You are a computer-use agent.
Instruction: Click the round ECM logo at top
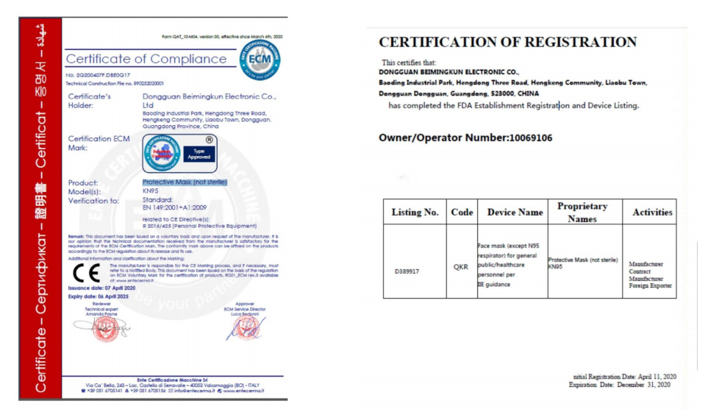(x=261, y=61)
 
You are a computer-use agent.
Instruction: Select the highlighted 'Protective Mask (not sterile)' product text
(x=185, y=182)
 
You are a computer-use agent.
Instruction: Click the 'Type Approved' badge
(x=199, y=153)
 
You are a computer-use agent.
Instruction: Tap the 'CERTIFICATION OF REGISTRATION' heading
(x=507, y=42)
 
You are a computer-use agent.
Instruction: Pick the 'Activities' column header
(x=648, y=212)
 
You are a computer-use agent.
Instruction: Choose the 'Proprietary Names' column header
(x=582, y=212)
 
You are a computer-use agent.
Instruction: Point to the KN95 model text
(x=149, y=191)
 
